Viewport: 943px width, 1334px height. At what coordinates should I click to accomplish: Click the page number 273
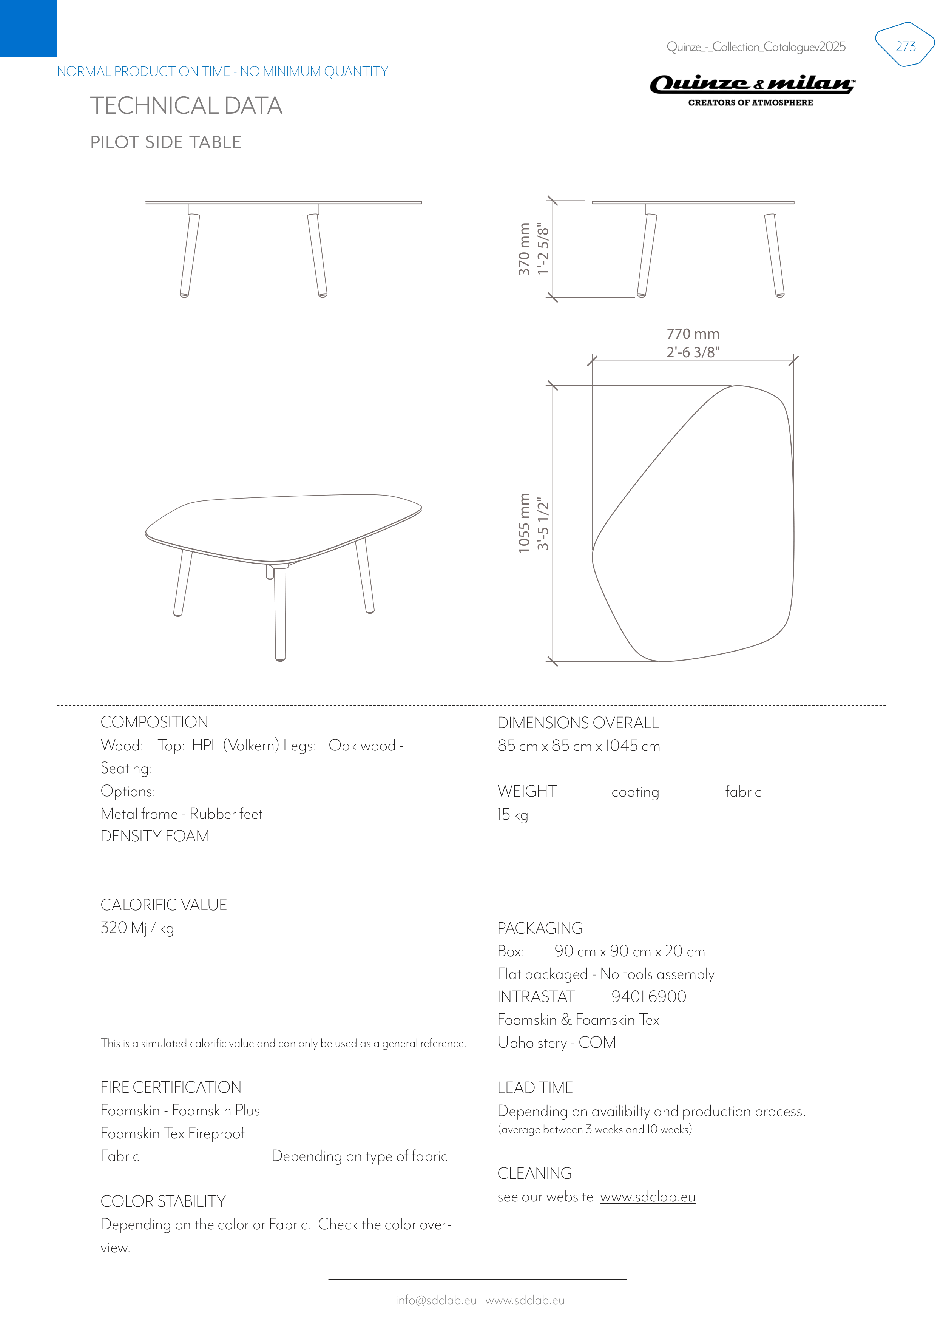905,46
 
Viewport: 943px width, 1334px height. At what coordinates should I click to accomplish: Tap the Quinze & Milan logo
752,90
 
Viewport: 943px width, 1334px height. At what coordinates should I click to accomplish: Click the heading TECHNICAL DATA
186,106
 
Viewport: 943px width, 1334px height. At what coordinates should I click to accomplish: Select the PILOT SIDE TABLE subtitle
165,142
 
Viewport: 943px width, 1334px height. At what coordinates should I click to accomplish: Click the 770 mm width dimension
693,334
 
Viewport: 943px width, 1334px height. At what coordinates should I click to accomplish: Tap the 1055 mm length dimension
524,523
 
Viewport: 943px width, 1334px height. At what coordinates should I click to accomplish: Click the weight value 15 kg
512,815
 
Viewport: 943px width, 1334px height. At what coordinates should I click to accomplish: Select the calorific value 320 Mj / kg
137,928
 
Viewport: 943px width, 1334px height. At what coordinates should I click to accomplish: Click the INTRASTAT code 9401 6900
648,997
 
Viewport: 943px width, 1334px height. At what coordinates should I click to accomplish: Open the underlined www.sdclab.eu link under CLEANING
647,1197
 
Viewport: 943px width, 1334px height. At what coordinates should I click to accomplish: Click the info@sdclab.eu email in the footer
436,1300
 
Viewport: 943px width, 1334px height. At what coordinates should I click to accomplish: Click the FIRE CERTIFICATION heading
171,1088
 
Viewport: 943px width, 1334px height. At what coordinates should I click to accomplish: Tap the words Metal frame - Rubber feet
181,814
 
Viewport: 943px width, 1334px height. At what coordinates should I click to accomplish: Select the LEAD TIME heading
534,1088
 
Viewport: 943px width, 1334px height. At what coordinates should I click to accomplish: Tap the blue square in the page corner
28,28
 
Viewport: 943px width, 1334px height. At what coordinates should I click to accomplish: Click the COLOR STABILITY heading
163,1201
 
